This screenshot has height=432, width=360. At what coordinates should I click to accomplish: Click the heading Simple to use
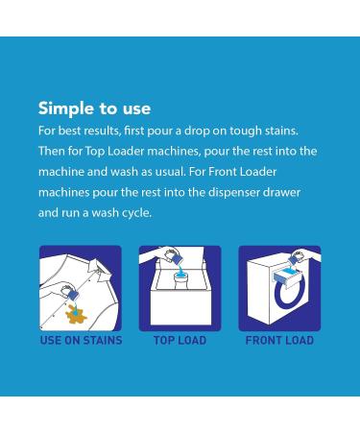94,108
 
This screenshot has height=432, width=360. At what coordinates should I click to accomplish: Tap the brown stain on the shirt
76,314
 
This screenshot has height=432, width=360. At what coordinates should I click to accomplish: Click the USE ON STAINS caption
81,340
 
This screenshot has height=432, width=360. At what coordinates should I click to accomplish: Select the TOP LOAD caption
180,340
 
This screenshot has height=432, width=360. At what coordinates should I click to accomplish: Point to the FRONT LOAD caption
279,340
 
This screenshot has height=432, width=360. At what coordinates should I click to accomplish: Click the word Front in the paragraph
223,172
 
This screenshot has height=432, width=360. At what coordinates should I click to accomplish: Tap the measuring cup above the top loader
173,256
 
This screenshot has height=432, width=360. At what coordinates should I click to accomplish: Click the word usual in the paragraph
170,172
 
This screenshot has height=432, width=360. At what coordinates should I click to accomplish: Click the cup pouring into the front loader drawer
296,258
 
